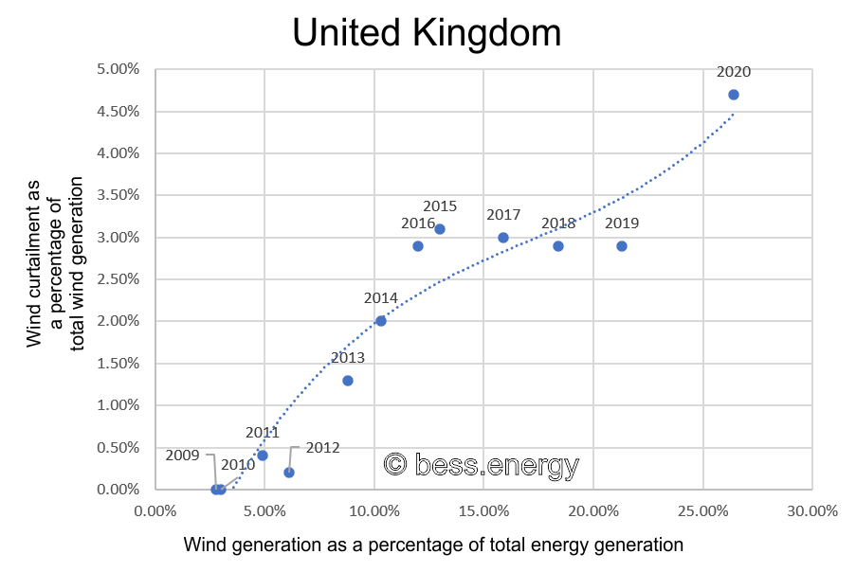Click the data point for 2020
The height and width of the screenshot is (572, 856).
point(733,95)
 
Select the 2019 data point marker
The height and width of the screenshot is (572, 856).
point(622,246)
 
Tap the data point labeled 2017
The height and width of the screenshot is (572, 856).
point(503,238)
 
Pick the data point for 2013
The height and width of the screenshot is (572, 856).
point(348,381)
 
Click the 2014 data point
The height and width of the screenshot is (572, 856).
point(381,321)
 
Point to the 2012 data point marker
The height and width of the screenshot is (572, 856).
point(289,473)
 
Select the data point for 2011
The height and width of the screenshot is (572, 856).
point(263,456)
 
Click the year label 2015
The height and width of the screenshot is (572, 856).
point(440,206)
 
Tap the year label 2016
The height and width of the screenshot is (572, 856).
point(418,223)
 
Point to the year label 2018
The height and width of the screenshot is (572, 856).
point(558,223)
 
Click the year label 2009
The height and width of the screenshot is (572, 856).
point(182,455)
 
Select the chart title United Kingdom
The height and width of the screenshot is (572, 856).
point(427,33)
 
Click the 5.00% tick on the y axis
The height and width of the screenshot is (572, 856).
point(118,69)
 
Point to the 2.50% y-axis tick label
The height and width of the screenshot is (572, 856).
point(118,279)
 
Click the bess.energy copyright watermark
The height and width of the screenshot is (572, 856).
point(481,464)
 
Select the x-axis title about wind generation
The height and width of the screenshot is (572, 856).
point(433,545)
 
